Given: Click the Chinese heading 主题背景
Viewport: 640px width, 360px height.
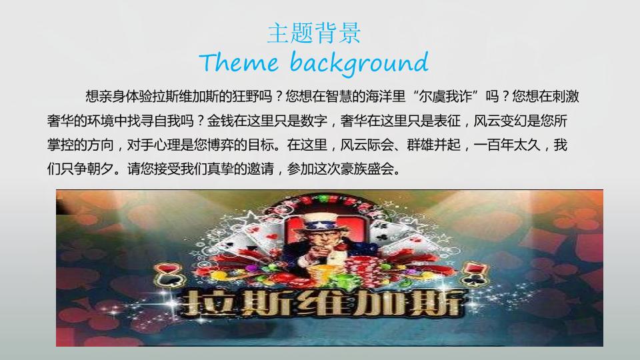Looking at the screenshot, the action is [x=314, y=33].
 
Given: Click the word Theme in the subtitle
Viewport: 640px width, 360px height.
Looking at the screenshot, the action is [x=239, y=63].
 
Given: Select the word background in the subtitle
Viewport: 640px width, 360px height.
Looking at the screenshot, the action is [x=359, y=63].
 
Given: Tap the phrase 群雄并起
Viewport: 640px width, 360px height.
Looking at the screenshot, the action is [x=433, y=145].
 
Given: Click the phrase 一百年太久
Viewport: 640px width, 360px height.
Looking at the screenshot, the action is [x=507, y=145].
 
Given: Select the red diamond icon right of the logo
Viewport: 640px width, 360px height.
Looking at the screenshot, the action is [x=476, y=269].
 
